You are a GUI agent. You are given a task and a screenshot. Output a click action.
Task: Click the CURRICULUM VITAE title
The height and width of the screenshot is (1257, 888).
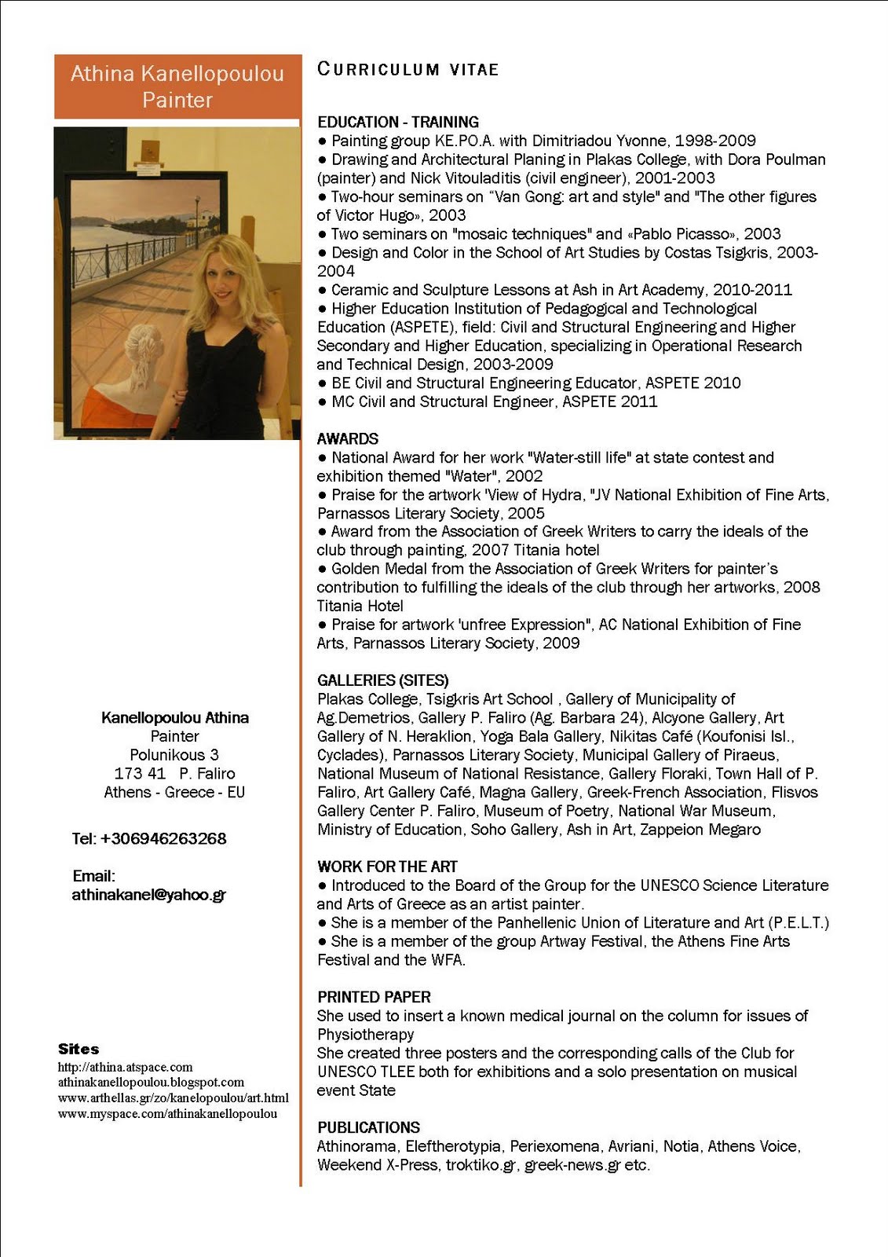coord(407,69)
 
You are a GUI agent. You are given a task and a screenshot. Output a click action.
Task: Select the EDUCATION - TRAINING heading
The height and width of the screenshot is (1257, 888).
coord(397,122)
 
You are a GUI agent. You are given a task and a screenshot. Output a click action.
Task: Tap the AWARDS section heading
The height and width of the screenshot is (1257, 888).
coord(348,438)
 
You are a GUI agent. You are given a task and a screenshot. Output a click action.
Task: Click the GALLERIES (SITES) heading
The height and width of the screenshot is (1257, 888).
coord(382,680)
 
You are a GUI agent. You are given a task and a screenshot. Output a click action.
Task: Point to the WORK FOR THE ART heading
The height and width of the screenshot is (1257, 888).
coord(387,866)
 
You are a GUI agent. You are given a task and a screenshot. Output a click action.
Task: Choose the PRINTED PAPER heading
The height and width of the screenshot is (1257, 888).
coord(374,996)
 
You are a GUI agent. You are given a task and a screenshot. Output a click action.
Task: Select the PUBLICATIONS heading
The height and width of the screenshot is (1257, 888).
coord(368,1127)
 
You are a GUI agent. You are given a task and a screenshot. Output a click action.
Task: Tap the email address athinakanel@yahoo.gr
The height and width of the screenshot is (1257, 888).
coord(149,894)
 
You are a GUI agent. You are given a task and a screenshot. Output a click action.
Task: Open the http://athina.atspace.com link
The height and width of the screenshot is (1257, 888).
coord(125,1067)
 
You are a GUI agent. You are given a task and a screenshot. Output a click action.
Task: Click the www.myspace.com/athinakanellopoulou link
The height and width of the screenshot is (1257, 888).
coord(167,1113)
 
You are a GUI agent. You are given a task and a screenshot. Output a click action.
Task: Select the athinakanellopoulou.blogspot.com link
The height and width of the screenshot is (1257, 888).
coord(151,1082)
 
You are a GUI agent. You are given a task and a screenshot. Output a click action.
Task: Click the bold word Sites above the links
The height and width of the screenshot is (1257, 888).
coord(79,1049)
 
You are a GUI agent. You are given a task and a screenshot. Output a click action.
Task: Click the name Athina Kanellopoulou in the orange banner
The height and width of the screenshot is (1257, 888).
coord(177,74)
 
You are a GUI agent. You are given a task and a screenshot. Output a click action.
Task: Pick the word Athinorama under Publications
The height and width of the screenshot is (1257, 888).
coord(357,1145)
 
